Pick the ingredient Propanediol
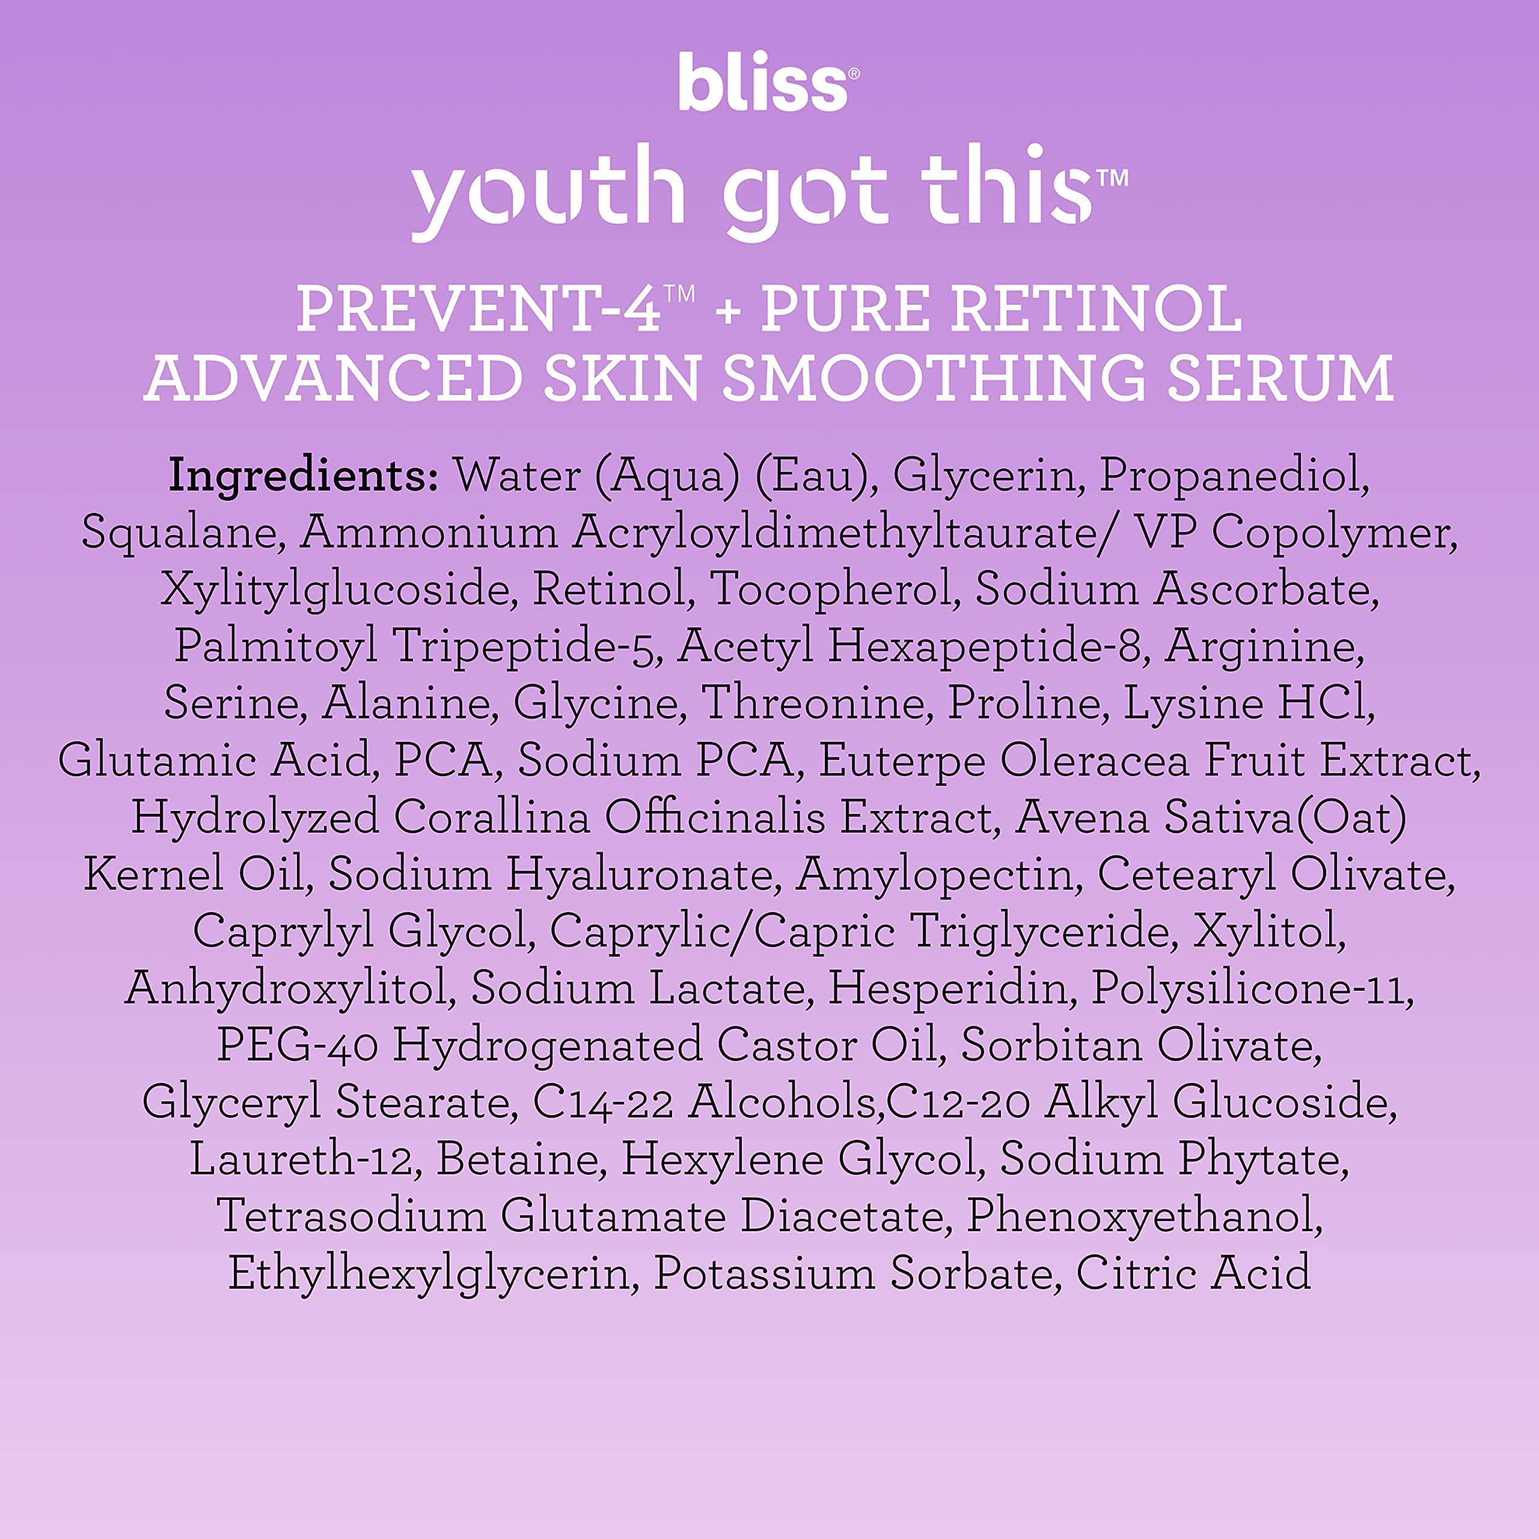click(x=1234, y=476)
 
